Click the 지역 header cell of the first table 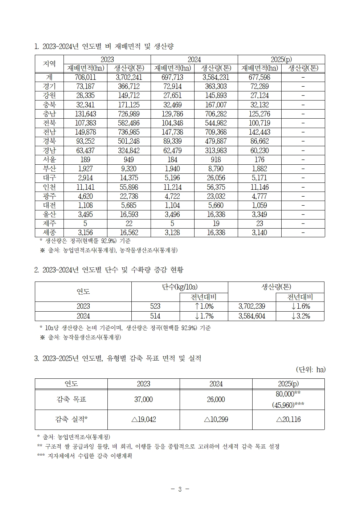click(x=49, y=64)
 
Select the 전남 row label click(x=49, y=132)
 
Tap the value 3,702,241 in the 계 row click(x=129, y=77)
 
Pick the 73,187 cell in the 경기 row click(x=85, y=86)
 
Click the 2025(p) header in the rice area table click(x=281, y=59)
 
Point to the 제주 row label click(x=49, y=223)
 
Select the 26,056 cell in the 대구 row click(x=216, y=178)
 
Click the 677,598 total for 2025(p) click(x=259, y=77)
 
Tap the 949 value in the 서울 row click(x=129, y=160)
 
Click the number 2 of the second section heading click(x=36, y=270)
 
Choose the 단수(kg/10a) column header click(x=180, y=287)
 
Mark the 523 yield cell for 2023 click(x=155, y=306)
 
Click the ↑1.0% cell click(x=204, y=306)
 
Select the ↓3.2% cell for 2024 click(x=300, y=316)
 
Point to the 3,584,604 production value click(x=252, y=316)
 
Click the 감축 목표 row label click(x=71, y=399)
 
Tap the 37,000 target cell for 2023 click(x=143, y=399)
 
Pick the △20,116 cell click(x=288, y=419)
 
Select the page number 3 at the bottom click(x=180, y=489)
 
